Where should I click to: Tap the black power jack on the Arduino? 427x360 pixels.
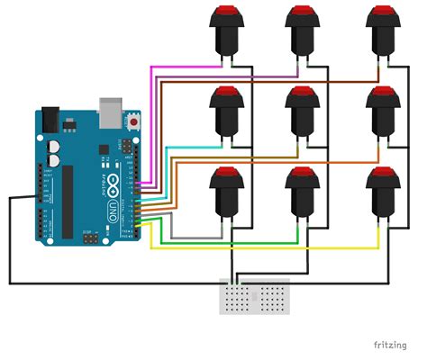pos(49,120)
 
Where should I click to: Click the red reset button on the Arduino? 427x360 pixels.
pos(135,119)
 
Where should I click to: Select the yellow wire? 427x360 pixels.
pos(270,248)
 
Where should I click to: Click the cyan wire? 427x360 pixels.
pos(180,148)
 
